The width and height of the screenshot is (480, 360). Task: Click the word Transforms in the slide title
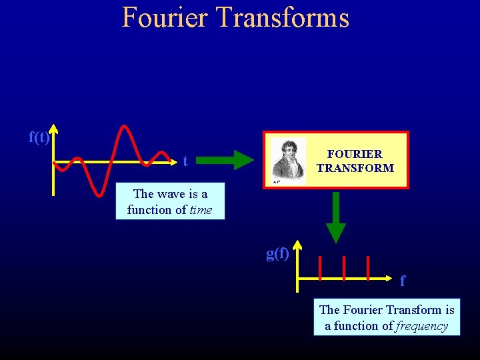tap(280, 17)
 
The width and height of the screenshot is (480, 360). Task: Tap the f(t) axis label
tap(39, 137)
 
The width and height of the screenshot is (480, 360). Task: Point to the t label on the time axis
tap(185, 161)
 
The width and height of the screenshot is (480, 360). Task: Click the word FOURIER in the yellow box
tap(355, 154)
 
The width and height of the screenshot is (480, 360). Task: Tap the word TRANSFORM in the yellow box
tap(355, 168)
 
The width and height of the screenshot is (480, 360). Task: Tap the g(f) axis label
tap(278, 253)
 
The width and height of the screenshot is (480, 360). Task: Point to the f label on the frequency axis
tap(402, 281)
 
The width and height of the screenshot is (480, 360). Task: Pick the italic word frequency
tap(421, 326)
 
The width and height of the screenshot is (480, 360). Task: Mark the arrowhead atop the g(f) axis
tap(297, 245)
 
